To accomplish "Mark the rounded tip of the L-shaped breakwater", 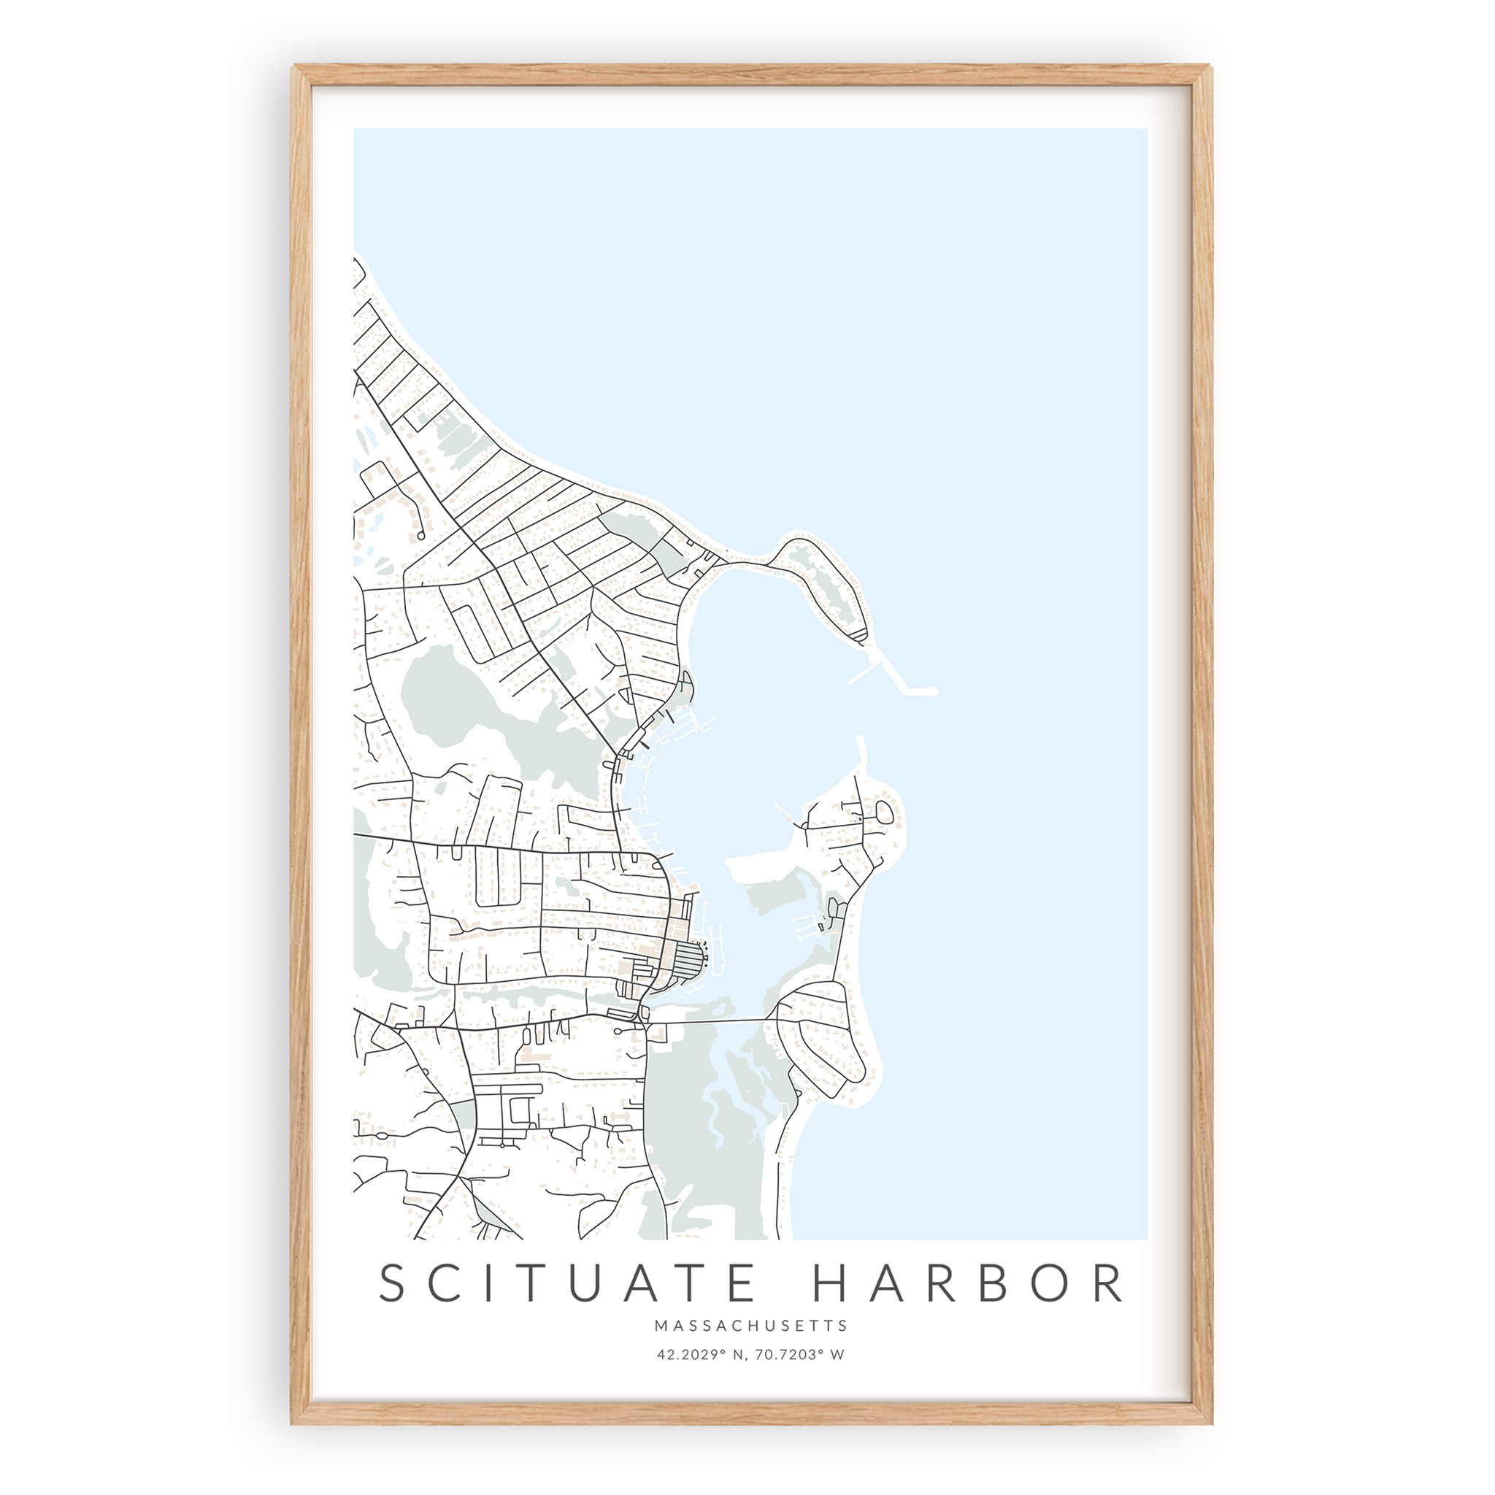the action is [932, 691].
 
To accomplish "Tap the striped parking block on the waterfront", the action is [687, 962].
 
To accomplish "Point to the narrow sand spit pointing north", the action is [861, 755].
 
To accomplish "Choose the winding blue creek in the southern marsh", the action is [716, 1114].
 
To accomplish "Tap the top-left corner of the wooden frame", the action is [295, 68].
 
